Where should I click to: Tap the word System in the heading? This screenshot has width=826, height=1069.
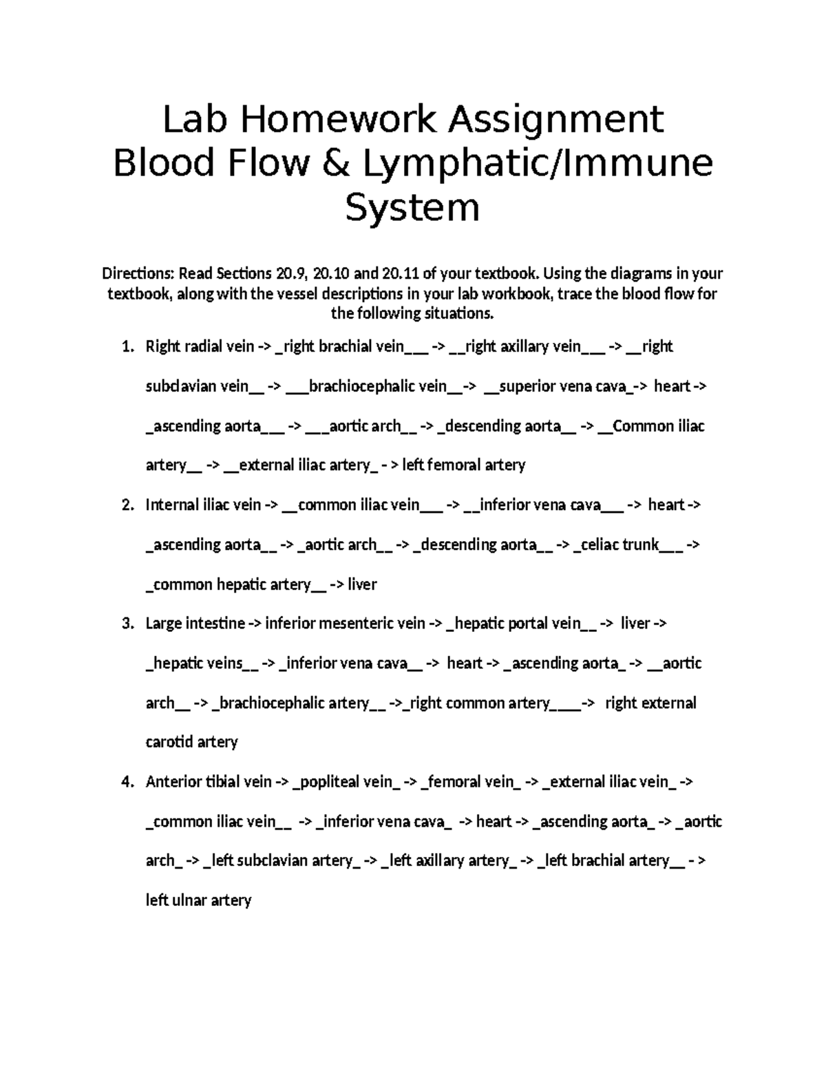[412, 207]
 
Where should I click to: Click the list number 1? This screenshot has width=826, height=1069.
[127, 346]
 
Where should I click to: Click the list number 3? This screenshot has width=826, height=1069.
[127, 624]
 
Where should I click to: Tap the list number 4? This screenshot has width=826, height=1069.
[127, 782]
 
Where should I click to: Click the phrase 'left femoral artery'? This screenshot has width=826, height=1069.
[463, 465]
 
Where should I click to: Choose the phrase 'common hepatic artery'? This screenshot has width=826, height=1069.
[231, 585]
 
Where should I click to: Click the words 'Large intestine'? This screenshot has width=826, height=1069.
[195, 624]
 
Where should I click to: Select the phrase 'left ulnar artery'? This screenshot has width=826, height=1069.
[198, 900]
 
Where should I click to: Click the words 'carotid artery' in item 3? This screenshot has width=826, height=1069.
[191, 742]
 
